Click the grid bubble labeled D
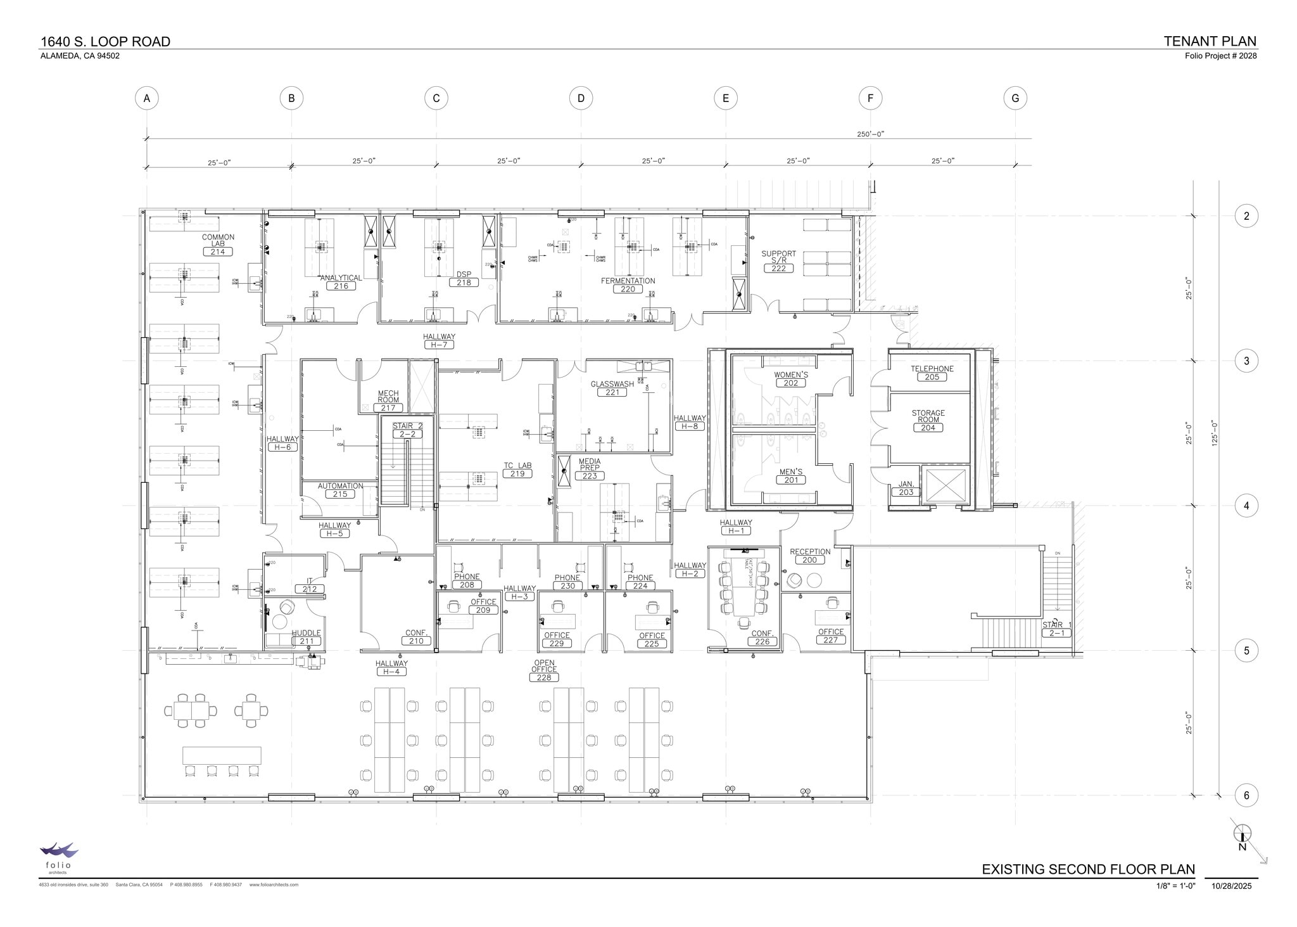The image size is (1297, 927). coord(581,98)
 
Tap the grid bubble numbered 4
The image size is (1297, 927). coord(1246,506)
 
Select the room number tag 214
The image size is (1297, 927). coord(218,252)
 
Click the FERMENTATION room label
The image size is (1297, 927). coord(628,281)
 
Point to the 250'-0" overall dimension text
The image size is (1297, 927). coord(870,134)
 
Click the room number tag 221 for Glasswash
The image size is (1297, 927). coord(612,392)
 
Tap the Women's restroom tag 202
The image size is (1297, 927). coord(790,383)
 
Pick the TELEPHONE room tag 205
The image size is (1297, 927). coord(932,376)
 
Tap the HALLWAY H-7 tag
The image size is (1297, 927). coord(439,345)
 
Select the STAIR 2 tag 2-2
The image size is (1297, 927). coord(407,434)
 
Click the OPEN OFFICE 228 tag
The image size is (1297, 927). coord(543,677)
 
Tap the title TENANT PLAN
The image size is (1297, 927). coord(1210,41)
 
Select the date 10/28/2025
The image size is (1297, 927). coord(1231,886)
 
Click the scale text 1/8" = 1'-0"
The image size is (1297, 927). coord(1175,886)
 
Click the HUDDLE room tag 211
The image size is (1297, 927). coord(307,641)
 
